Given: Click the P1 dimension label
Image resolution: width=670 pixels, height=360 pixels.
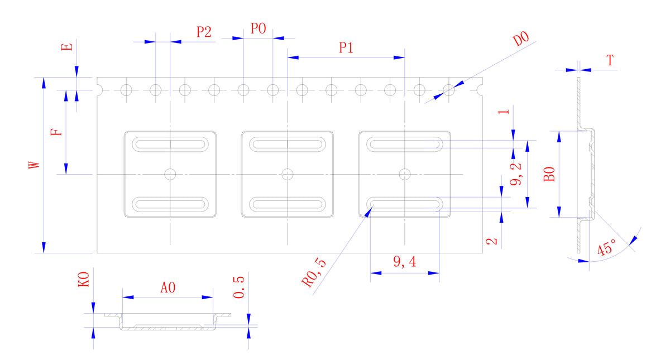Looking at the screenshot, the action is pyautogui.click(x=346, y=48).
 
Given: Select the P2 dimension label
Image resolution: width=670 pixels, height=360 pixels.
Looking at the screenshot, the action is pyautogui.click(x=204, y=32).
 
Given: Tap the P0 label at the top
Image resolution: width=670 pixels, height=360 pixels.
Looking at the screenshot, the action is pyautogui.click(x=258, y=28).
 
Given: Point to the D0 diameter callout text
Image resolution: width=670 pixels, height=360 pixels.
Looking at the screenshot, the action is pyautogui.click(x=521, y=39).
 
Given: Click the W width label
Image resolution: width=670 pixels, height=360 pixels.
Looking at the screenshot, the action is pyautogui.click(x=34, y=165).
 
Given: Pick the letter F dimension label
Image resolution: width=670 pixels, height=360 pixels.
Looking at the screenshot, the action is pyautogui.click(x=56, y=132).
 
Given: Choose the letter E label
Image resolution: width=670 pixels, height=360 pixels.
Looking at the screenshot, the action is pyautogui.click(x=67, y=47).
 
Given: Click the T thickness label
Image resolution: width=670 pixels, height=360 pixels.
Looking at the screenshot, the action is pyautogui.click(x=610, y=60).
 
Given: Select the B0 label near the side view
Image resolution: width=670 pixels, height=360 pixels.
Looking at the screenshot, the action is pyautogui.click(x=549, y=174).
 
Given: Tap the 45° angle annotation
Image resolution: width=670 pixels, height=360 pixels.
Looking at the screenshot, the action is pyautogui.click(x=607, y=247).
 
